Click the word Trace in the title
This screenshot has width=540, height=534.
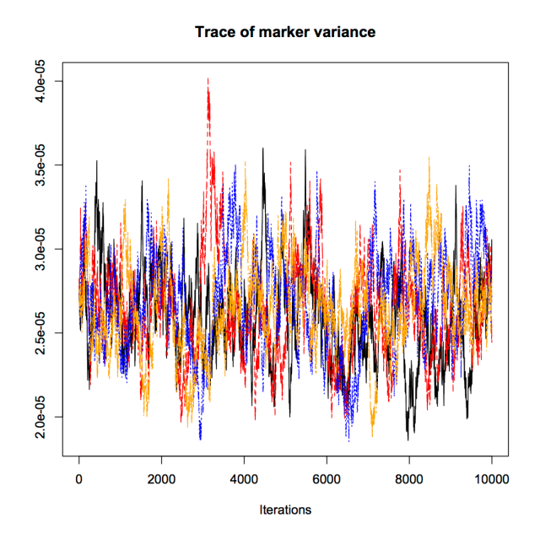click(213, 33)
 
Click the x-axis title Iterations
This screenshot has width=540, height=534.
click(285, 510)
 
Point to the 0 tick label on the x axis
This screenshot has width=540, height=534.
click(79, 478)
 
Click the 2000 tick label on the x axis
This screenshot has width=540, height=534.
click(161, 478)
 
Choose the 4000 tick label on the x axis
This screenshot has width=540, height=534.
click(244, 478)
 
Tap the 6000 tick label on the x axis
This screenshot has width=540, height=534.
click(327, 478)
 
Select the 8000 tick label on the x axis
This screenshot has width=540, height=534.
click(409, 478)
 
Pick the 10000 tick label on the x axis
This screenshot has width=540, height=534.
click(491, 478)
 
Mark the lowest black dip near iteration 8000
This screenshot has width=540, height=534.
click(408, 440)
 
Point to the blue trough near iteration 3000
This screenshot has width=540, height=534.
click(200, 439)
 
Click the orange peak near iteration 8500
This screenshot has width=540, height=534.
click(429, 158)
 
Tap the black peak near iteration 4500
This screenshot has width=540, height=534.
click(263, 149)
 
